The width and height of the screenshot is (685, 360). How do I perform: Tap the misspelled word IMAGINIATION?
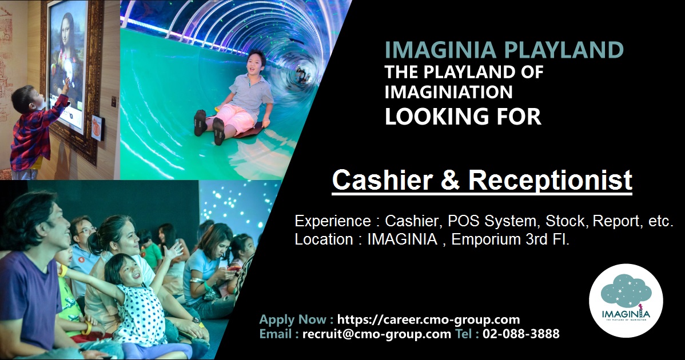click(x=448, y=92)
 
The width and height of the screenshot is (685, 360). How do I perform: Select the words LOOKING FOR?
click(x=463, y=116)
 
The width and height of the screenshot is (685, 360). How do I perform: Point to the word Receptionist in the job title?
click(x=550, y=181)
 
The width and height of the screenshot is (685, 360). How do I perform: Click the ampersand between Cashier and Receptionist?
click(x=450, y=180)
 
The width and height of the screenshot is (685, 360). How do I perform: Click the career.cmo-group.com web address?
click(x=429, y=320)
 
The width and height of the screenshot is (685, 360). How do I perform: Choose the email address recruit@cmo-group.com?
click(x=376, y=334)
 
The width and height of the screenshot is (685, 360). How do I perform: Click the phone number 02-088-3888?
click(x=521, y=334)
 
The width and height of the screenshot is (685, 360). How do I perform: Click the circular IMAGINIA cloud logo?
click(x=626, y=301)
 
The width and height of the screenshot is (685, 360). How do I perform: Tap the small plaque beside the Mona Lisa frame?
click(x=98, y=127)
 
